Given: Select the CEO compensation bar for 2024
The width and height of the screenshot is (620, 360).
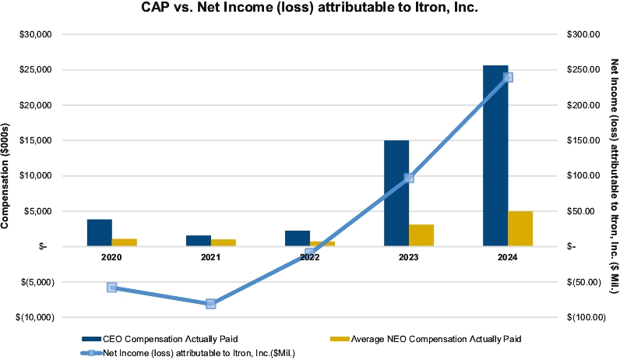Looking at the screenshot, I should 495,156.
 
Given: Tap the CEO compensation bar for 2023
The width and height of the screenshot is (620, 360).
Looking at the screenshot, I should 396,193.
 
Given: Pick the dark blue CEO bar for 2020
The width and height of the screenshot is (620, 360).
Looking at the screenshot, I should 99,233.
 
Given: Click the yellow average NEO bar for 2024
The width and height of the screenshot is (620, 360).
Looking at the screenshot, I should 520,228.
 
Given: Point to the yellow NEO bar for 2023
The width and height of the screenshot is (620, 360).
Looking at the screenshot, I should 421,235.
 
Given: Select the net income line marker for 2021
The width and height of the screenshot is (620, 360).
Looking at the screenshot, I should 210,303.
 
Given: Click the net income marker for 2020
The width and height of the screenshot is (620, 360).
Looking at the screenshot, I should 111,288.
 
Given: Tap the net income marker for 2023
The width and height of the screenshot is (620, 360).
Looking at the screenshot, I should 408,178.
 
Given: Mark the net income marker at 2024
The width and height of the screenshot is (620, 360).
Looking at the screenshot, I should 508,77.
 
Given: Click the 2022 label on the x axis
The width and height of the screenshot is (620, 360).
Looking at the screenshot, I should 309,256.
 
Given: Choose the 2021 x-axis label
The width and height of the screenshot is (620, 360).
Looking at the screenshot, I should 210,256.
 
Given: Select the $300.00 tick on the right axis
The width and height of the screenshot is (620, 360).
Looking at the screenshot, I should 584,34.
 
